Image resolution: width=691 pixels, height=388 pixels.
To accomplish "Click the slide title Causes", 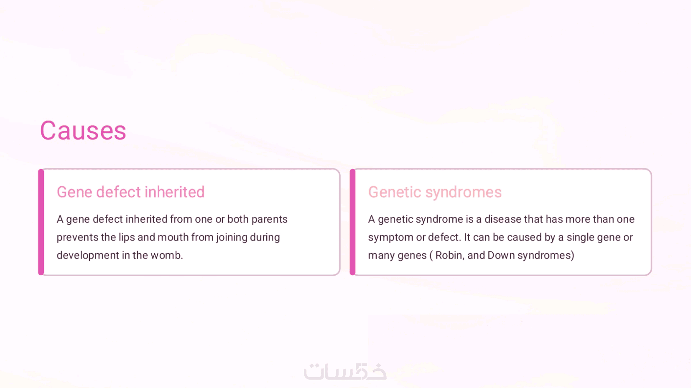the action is tap(83, 131).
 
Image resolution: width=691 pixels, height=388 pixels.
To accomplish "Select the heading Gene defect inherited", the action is tap(130, 192).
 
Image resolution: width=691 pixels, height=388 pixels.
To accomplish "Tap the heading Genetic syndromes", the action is tap(435, 192).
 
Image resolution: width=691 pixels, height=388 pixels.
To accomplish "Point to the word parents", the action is tap(269, 219).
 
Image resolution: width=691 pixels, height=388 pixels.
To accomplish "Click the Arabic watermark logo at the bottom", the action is tap(345, 371).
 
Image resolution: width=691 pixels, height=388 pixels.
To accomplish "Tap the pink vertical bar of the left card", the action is tap(41, 222).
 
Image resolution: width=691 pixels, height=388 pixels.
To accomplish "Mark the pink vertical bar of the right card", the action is tap(352, 222).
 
